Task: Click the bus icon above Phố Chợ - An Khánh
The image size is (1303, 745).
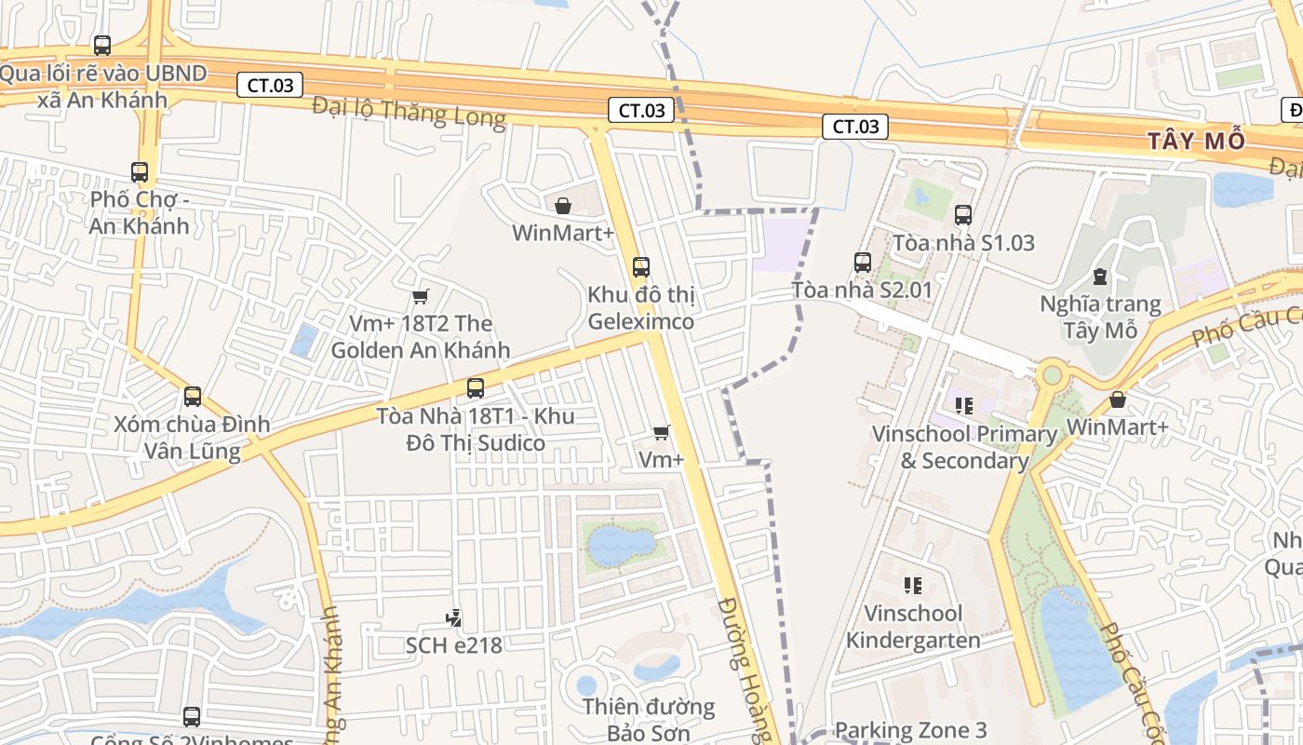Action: [140, 172]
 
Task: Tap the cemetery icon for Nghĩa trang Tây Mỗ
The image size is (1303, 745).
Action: [1100, 277]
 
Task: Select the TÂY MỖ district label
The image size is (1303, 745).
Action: [1196, 142]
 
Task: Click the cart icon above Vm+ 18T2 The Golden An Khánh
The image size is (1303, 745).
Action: [421, 296]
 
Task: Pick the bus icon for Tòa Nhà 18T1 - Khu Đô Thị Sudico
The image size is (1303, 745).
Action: [476, 388]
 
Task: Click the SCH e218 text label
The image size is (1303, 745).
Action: [453, 644]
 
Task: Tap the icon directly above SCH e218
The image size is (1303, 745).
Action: [453, 617]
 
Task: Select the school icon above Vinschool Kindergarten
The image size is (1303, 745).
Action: [913, 586]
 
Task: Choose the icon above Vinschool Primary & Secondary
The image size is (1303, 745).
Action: [963, 406]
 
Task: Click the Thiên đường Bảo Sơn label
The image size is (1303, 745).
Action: [649, 719]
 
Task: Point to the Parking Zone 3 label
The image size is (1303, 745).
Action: [910, 730]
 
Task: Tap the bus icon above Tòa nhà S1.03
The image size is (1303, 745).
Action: [963, 215]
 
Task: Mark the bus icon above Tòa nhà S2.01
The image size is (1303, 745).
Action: [863, 263]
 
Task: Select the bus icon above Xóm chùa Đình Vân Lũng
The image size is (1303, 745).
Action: [193, 397]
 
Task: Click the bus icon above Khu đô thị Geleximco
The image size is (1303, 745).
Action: [641, 267]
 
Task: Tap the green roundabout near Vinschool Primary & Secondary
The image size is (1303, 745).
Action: [1053, 375]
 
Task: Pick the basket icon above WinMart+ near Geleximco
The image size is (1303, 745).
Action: [563, 205]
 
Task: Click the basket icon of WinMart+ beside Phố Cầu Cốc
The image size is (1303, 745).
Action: [1118, 400]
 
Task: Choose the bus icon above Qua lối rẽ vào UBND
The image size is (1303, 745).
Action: [102, 46]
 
